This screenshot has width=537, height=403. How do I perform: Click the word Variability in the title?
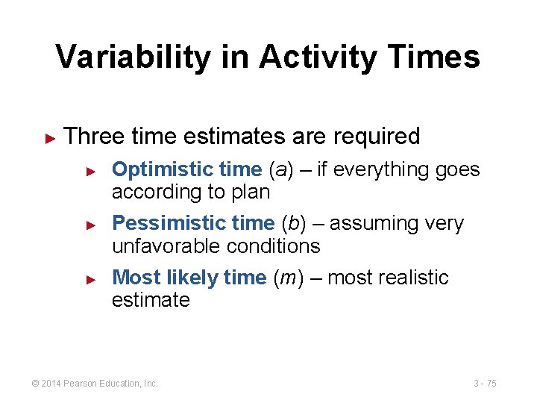point(128,57)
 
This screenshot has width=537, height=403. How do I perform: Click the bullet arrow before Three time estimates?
point(51,137)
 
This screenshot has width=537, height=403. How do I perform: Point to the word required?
point(377,137)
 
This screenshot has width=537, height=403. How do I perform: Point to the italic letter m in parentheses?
point(287,278)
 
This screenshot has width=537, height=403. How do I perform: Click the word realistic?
point(416,278)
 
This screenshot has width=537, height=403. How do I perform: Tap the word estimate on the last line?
point(151,300)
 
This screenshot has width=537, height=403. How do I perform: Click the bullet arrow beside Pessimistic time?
point(91,224)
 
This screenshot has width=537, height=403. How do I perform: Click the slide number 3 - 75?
point(485,384)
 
